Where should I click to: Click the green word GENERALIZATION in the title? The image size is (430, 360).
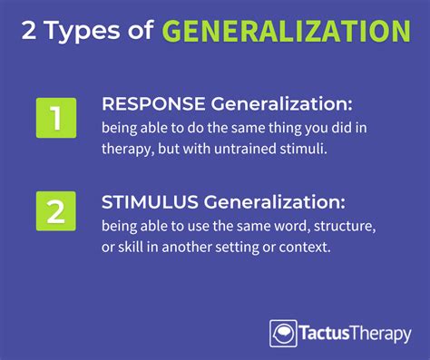click(286, 32)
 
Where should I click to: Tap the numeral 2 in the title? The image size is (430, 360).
click(30, 33)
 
